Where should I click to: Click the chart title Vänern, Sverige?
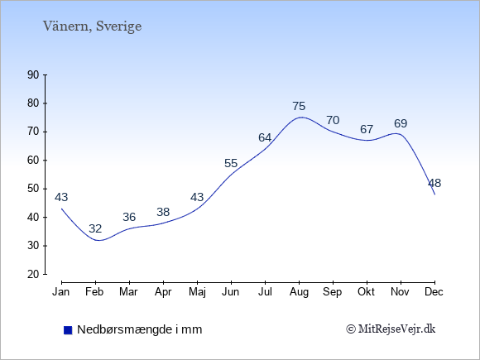[92, 26]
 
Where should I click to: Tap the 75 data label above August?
[299, 106]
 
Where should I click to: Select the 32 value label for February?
[95, 228]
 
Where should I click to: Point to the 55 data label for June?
[231, 163]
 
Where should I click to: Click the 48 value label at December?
[434, 183]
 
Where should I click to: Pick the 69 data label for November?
[401, 123]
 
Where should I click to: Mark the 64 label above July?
[265, 137]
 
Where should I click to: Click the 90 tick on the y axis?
[33, 74]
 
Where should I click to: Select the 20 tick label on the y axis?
[33, 274]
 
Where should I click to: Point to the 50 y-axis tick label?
[33, 189]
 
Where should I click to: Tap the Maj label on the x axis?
[197, 292]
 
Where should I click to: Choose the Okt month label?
[367, 292]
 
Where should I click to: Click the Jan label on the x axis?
[61, 292]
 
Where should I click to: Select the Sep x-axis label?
[333, 292]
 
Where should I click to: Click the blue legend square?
[68, 330]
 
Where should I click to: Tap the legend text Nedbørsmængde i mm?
[140, 329]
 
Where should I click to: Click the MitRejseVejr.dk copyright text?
[391, 329]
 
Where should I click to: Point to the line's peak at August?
[301, 117]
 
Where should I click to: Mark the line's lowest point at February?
[98, 240]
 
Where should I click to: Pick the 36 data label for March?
[129, 217]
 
